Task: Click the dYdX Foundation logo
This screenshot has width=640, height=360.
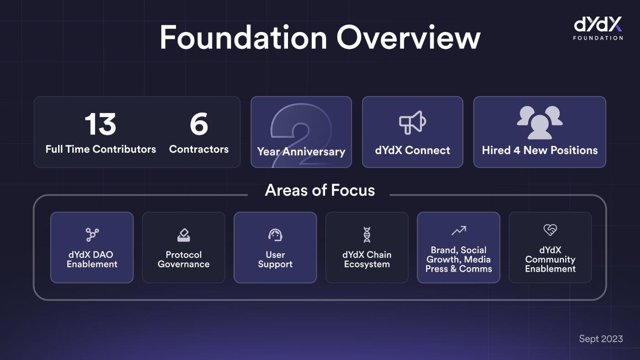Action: click(x=598, y=28)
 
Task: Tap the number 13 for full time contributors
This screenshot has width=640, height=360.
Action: click(x=100, y=125)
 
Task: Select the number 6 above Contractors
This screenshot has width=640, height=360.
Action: click(x=199, y=125)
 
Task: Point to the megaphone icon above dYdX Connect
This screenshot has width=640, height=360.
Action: click(x=412, y=122)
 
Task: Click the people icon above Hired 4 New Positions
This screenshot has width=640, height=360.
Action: click(x=539, y=122)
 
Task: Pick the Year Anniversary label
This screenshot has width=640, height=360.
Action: click(x=301, y=151)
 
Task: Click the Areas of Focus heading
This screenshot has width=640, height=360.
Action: click(x=320, y=190)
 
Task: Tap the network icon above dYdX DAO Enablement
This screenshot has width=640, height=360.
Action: click(x=92, y=235)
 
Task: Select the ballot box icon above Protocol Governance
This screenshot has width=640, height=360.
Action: click(x=183, y=235)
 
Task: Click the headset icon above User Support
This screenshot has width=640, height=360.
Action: click(x=275, y=235)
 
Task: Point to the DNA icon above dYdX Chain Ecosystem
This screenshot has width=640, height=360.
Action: click(x=367, y=235)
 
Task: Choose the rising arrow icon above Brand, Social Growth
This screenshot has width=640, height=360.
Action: click(x=459, y=231)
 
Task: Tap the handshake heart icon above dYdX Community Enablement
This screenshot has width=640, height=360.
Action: click(x=550, y=230)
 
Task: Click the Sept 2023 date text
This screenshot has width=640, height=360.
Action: click(x=601, y=339)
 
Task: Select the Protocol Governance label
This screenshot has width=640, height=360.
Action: click(x=183, y=259)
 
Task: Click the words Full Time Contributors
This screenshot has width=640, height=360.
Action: click(x=101, y=149)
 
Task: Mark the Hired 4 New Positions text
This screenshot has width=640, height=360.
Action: click(x=539, y=150)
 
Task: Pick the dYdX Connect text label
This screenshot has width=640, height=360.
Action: click(x=412, y=150)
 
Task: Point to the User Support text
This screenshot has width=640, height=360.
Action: click(x=275, y=259)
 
